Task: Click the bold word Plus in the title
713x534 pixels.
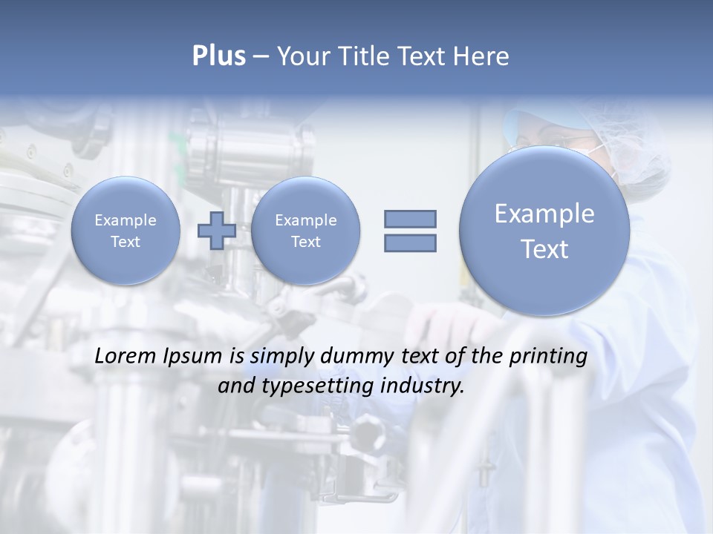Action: [218, 56]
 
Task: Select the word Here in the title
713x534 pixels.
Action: [481, 56]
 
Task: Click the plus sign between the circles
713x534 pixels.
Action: [217, 230]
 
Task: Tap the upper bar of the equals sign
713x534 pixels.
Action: [410, 219]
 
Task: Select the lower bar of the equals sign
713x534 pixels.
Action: [410, 243]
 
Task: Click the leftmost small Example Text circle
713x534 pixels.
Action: [126, 231]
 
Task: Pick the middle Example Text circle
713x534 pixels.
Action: [305, 231]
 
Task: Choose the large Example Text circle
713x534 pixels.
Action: [544, 231]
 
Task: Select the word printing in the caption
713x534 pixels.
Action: [548, 357]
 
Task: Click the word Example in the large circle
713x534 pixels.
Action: [544, 214]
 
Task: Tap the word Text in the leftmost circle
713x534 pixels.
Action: [126, 242]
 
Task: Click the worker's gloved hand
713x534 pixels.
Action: [446, 319]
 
